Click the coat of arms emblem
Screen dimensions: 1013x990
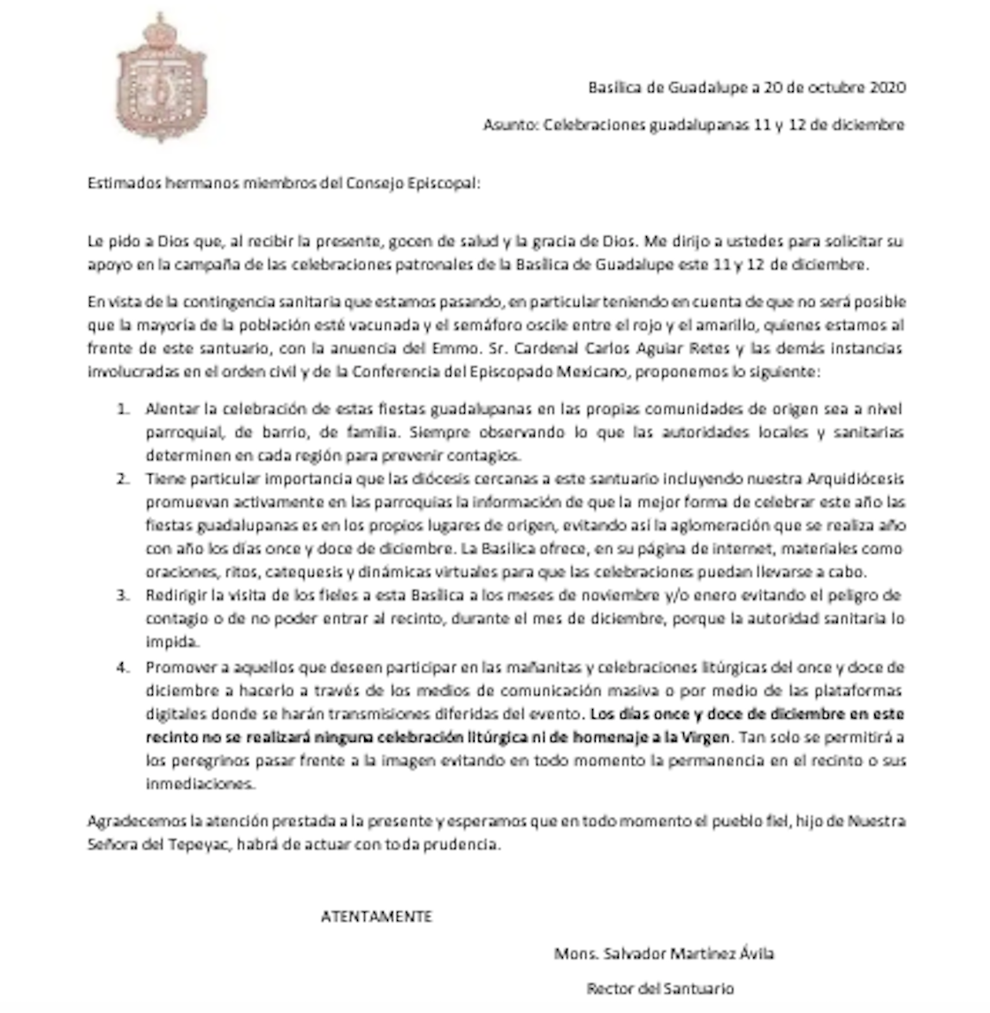[x=161, y=78]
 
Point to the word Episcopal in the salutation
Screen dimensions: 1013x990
[x=446, y=184]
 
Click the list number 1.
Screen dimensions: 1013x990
[x=124, y=409]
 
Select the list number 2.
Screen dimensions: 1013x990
[x=124, y=479]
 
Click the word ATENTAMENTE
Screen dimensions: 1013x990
[x=376, y=917]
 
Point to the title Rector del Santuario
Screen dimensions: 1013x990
[x=659, y=988]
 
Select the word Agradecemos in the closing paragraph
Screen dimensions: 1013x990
[x=131, y=821]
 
